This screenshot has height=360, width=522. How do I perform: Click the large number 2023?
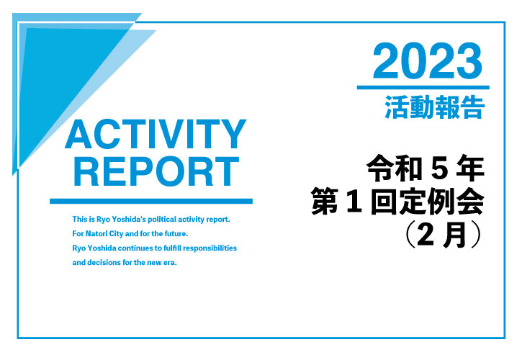point(428,61)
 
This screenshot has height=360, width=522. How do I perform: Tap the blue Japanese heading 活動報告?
point(434,107)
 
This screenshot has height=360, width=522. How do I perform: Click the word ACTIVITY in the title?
point(156,134)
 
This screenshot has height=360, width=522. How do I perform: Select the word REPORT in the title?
point(156,171)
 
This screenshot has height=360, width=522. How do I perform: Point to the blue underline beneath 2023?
point(423,88)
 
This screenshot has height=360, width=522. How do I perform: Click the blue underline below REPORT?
point(151,201)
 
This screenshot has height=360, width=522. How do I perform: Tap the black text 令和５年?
point(426,168)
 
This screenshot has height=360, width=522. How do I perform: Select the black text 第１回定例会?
point(397,202)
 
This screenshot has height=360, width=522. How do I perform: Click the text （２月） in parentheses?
point(444,235)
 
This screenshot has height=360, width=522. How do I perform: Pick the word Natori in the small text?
point(96,234)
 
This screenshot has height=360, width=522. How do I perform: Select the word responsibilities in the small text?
point(210,248)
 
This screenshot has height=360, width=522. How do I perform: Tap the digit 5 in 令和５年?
point(439,169)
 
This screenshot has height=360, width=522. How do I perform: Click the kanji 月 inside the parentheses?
point(455,235)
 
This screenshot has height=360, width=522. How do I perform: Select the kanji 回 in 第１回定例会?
point(384,202)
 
